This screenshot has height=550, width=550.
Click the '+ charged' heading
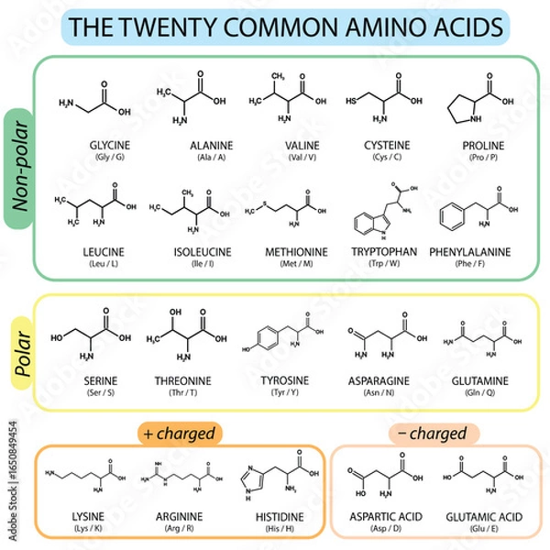click(178, 432)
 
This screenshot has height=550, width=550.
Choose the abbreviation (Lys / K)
click(88, 529)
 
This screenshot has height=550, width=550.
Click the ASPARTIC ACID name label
click(383, 517)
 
